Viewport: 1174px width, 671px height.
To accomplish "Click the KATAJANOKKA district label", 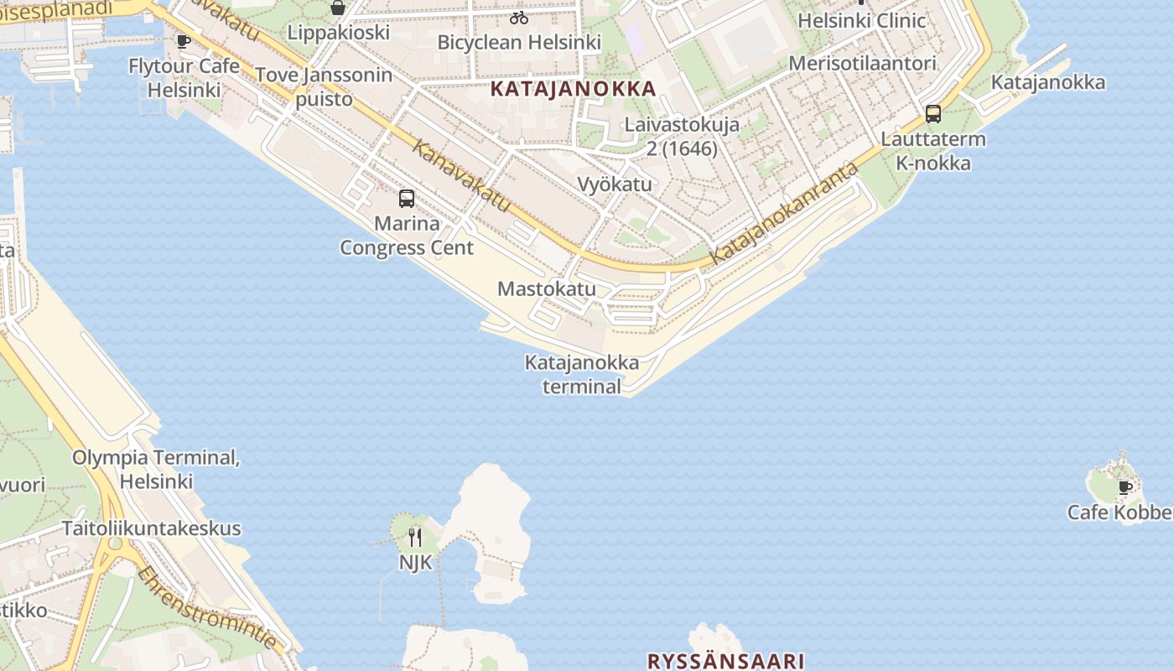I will pos(573,88).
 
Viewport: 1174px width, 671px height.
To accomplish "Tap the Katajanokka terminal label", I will pos(582,374).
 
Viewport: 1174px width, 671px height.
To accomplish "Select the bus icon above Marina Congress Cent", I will pos(407,199).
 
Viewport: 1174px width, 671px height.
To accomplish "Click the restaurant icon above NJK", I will pos(415,537).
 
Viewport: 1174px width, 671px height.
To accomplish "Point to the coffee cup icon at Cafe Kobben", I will pos(1125,487).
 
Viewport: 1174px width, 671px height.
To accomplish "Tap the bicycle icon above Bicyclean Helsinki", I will pos(519,18).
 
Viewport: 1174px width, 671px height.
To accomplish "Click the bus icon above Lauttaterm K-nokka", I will pos(932,114).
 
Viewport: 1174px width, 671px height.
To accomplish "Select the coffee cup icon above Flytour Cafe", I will pos(184,41).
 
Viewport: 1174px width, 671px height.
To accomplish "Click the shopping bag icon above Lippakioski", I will pos(338,8).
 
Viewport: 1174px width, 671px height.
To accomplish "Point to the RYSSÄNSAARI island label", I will pos(726,661).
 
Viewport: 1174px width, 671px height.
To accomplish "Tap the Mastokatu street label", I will pos(547,289).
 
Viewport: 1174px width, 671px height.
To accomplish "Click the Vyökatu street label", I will pos(615,184).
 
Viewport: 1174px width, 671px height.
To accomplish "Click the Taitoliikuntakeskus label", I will pos(151,528).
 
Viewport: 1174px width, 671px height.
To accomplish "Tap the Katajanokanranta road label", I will pos(785,215).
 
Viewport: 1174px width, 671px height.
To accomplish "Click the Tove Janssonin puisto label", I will pos(324,86).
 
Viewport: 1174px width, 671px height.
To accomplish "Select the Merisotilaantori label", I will pos(862,64).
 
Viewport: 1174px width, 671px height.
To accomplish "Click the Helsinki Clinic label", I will pos(862,21).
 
